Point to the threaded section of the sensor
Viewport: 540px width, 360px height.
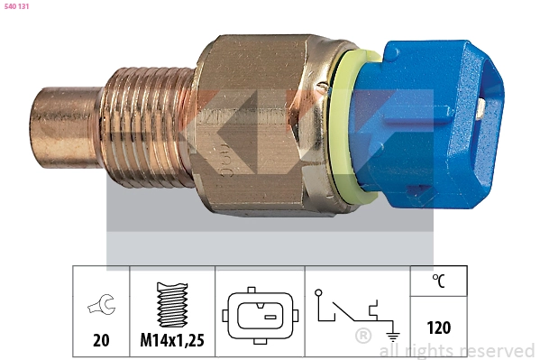point(149,125)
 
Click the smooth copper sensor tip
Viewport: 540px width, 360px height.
point(65,126)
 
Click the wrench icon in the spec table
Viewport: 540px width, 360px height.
point(101,308)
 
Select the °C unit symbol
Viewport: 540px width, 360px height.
point(439,281)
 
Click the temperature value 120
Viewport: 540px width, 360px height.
point(438,328)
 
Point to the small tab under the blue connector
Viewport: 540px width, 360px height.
point(416,191)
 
